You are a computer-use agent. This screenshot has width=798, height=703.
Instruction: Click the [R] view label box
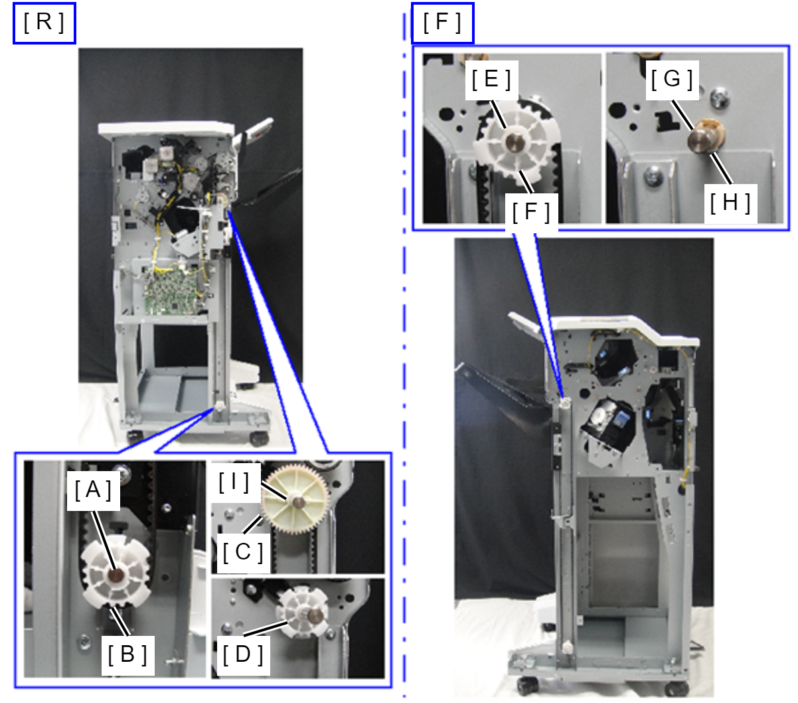point(44,23)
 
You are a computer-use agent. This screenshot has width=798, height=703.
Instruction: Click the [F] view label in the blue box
point(442,23)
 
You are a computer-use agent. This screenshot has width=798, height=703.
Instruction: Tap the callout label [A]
point(94,490)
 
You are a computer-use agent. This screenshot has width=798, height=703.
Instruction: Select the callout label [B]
point(127,654)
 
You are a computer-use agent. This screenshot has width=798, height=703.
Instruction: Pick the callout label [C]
point(242,552)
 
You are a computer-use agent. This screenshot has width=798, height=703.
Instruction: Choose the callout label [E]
point(491,80)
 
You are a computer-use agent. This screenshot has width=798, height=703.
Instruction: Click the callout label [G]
point(672,80)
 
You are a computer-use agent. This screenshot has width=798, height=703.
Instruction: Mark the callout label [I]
point(234,482)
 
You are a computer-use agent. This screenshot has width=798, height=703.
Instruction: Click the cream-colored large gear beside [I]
point(295,500)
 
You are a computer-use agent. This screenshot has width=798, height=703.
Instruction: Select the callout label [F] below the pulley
point(531,212)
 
